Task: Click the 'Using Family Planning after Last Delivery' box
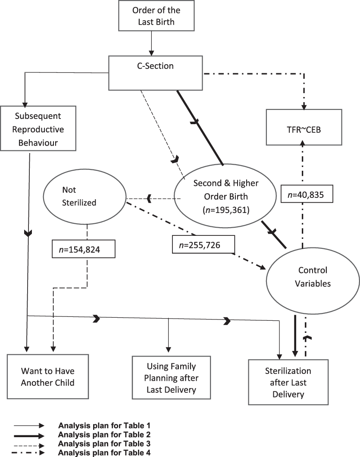[x=171, y=378]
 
